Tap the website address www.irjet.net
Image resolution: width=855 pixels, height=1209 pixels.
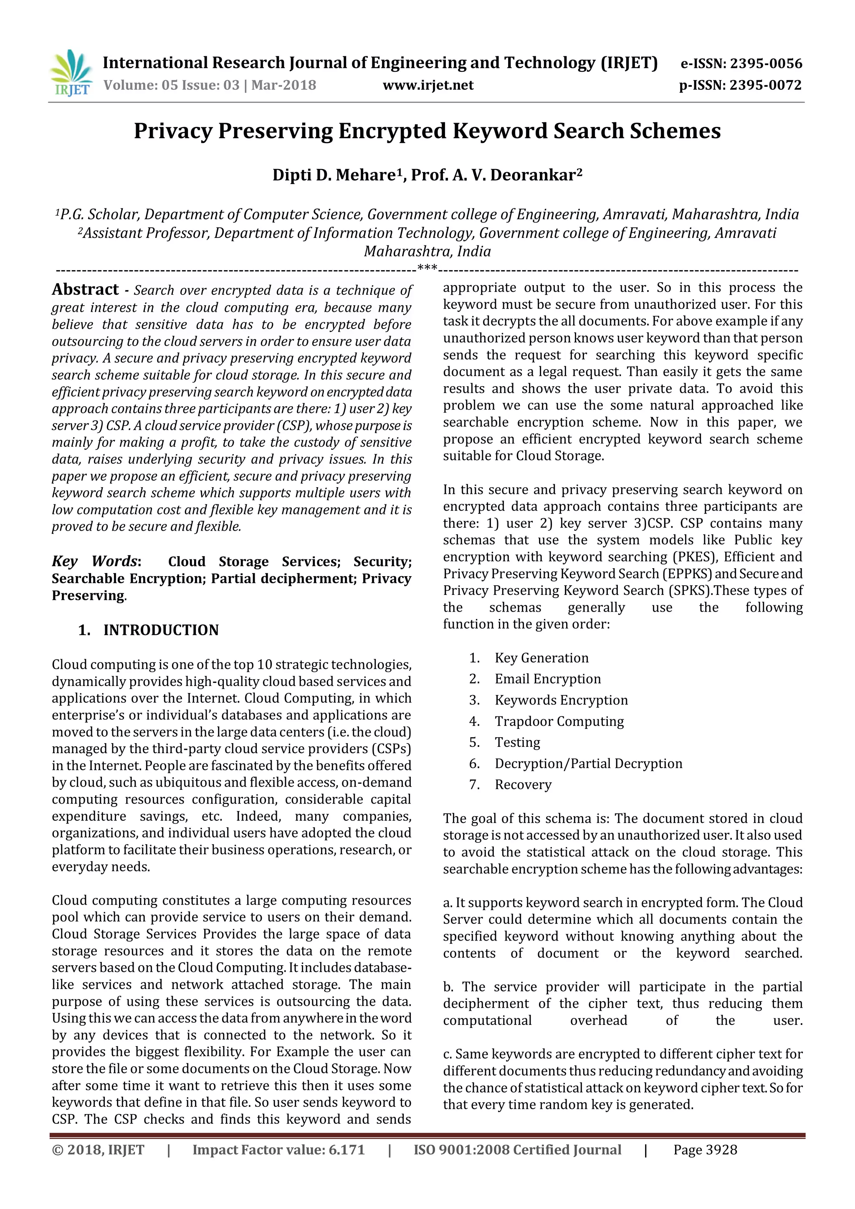coord(427,85)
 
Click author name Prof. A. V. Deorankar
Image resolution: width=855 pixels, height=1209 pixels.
coord(495,175)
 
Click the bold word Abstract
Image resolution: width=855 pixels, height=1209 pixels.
coord(85,290)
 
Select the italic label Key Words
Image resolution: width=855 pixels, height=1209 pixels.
coord(95,562)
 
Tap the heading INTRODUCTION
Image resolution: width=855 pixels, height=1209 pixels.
coord(161,630)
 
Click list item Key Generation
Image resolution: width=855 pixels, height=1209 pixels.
coord(541,658)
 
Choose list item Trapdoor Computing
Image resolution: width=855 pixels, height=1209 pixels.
coord(559,721)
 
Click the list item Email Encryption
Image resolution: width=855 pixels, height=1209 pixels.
coord(548,679)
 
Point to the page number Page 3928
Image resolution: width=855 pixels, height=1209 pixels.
coord(705,1150)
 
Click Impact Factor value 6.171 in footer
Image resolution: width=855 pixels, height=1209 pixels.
coord(278,1150)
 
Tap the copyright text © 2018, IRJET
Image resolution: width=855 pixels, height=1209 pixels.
coord(98,1150)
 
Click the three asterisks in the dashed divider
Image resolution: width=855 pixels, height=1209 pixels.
coord(427,268)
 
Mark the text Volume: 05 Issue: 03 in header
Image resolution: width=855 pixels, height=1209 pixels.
coord(172,85)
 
